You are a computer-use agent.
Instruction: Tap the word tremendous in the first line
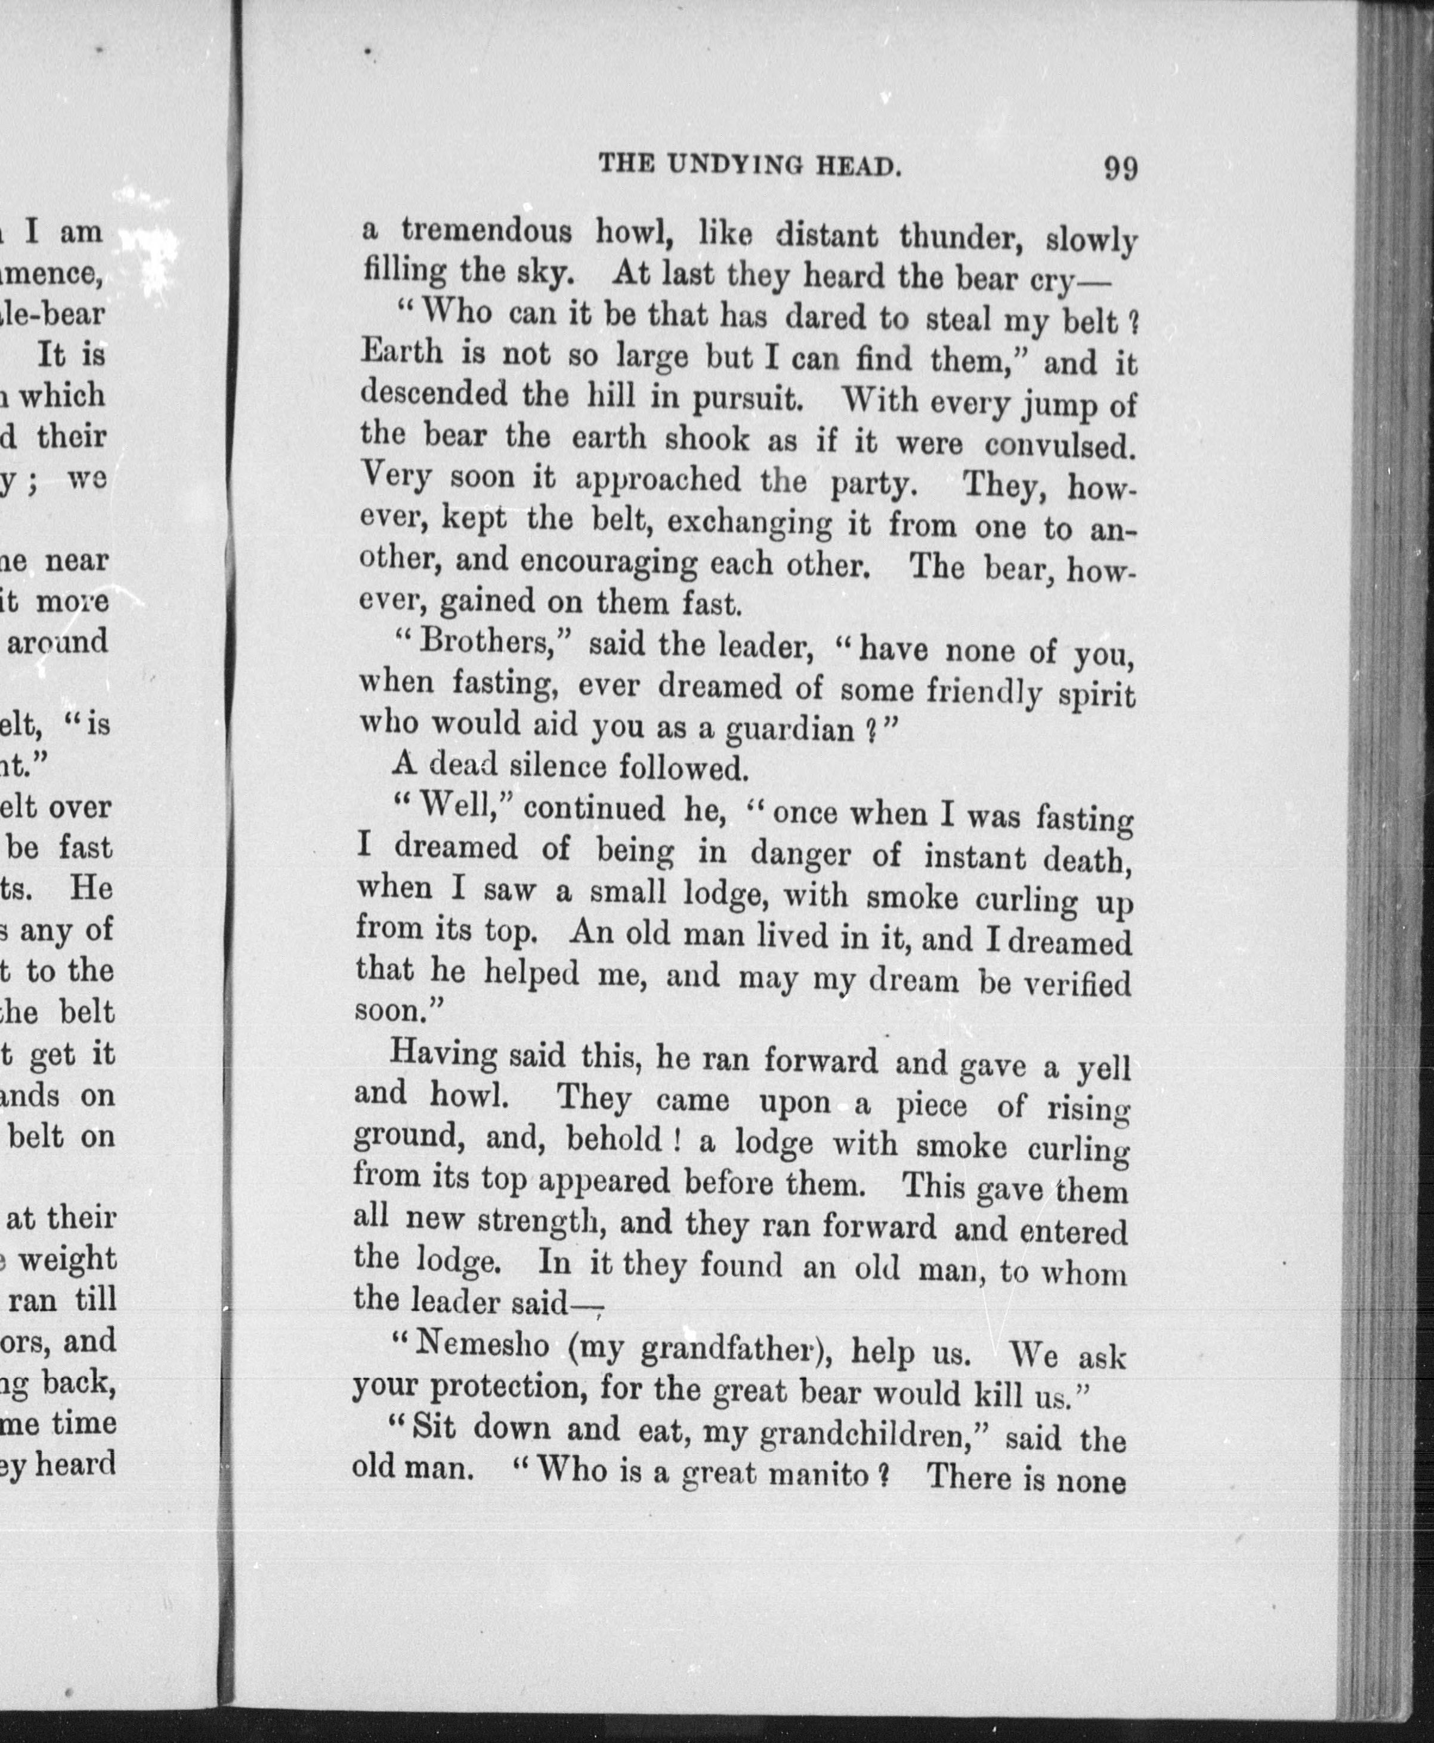click(x=487, y=232)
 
